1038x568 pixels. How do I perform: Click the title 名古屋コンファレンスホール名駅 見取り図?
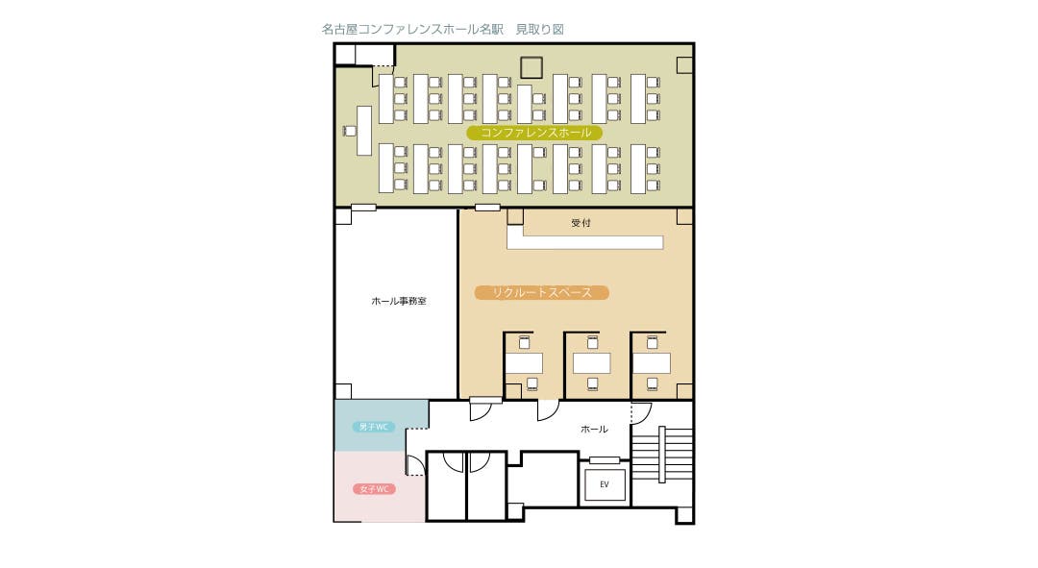click(442, 29)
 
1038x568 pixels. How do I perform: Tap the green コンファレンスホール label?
click(534, 133)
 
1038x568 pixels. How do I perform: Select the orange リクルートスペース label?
click(541, 292)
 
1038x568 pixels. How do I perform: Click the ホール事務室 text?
click(399, 301)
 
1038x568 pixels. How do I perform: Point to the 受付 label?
click(581, 223)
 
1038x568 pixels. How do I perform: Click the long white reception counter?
click(585, 242)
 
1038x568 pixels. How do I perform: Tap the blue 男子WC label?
click(373, 427)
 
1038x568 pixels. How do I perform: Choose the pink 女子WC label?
click(374, 489)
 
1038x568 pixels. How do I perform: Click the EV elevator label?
click(605, 484)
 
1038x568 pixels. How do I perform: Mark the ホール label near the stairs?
click(594, 429)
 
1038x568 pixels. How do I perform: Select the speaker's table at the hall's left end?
click(364, 131)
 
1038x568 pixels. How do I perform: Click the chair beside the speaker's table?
click(350, 131)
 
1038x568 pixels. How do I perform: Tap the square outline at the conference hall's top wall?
click(531, 67)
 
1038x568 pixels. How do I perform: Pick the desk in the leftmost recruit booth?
click(524, 363)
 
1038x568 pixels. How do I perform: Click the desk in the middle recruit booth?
click(591, 363)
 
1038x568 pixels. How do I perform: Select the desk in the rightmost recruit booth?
click(652, 363)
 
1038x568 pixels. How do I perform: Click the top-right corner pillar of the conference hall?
click(684, 65)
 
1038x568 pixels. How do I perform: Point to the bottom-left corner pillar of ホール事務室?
click(343, 391)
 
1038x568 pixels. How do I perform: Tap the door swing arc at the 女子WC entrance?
click(414, 465)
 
